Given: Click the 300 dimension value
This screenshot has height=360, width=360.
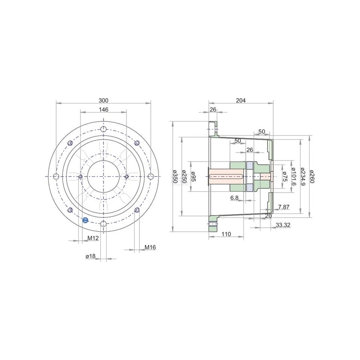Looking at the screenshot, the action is [x=103, y=100].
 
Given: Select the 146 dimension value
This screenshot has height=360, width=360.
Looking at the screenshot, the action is [x=103, y=109].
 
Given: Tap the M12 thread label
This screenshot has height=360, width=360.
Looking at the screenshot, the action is [x=93, y=238].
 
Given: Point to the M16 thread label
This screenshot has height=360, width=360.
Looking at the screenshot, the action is [x=150, y=247].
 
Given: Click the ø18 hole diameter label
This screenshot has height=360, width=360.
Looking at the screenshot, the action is [x=90, y=256].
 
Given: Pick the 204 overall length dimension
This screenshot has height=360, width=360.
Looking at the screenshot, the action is [x=241, y=100].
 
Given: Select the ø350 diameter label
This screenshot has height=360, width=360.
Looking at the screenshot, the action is [x=175, y=176].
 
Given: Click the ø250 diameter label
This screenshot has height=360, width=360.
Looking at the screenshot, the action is [x=184, y=176].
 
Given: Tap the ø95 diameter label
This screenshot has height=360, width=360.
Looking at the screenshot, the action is [x=193, y=176].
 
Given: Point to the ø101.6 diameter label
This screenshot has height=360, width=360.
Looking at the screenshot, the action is [x=294, y=176].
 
